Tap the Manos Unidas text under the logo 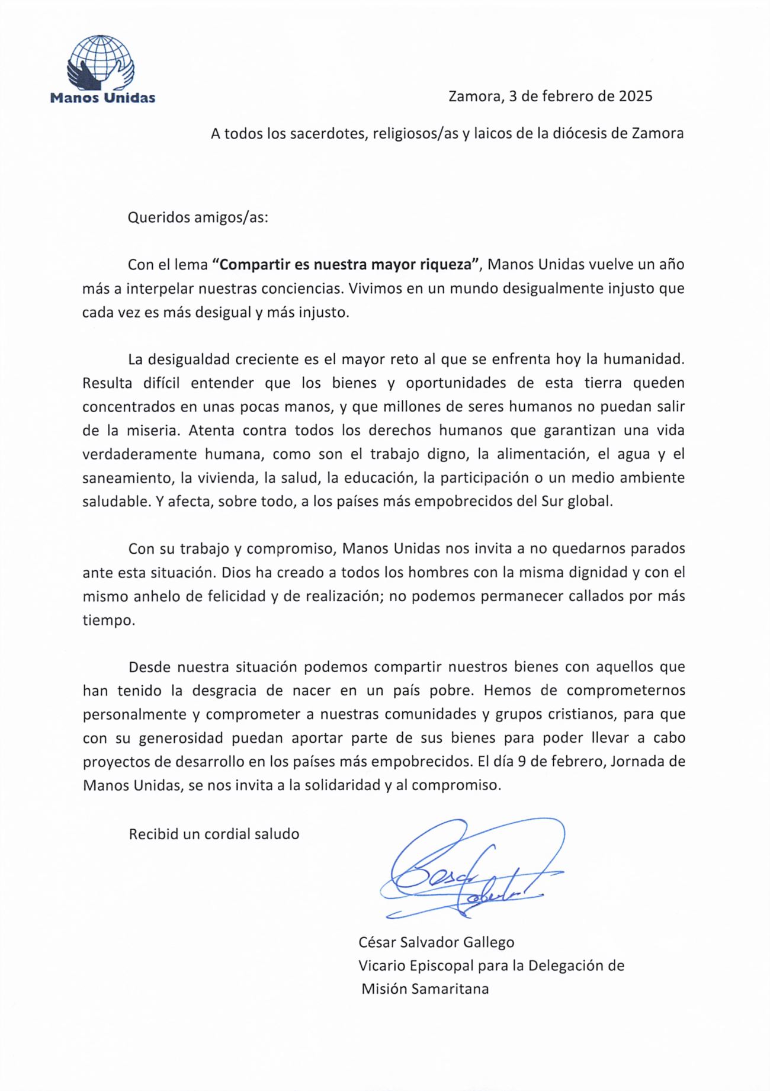[102, 98]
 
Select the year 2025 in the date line [636, 96]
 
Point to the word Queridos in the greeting [158, 217]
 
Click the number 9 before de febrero [522, 762]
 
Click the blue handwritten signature [468, 871]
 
